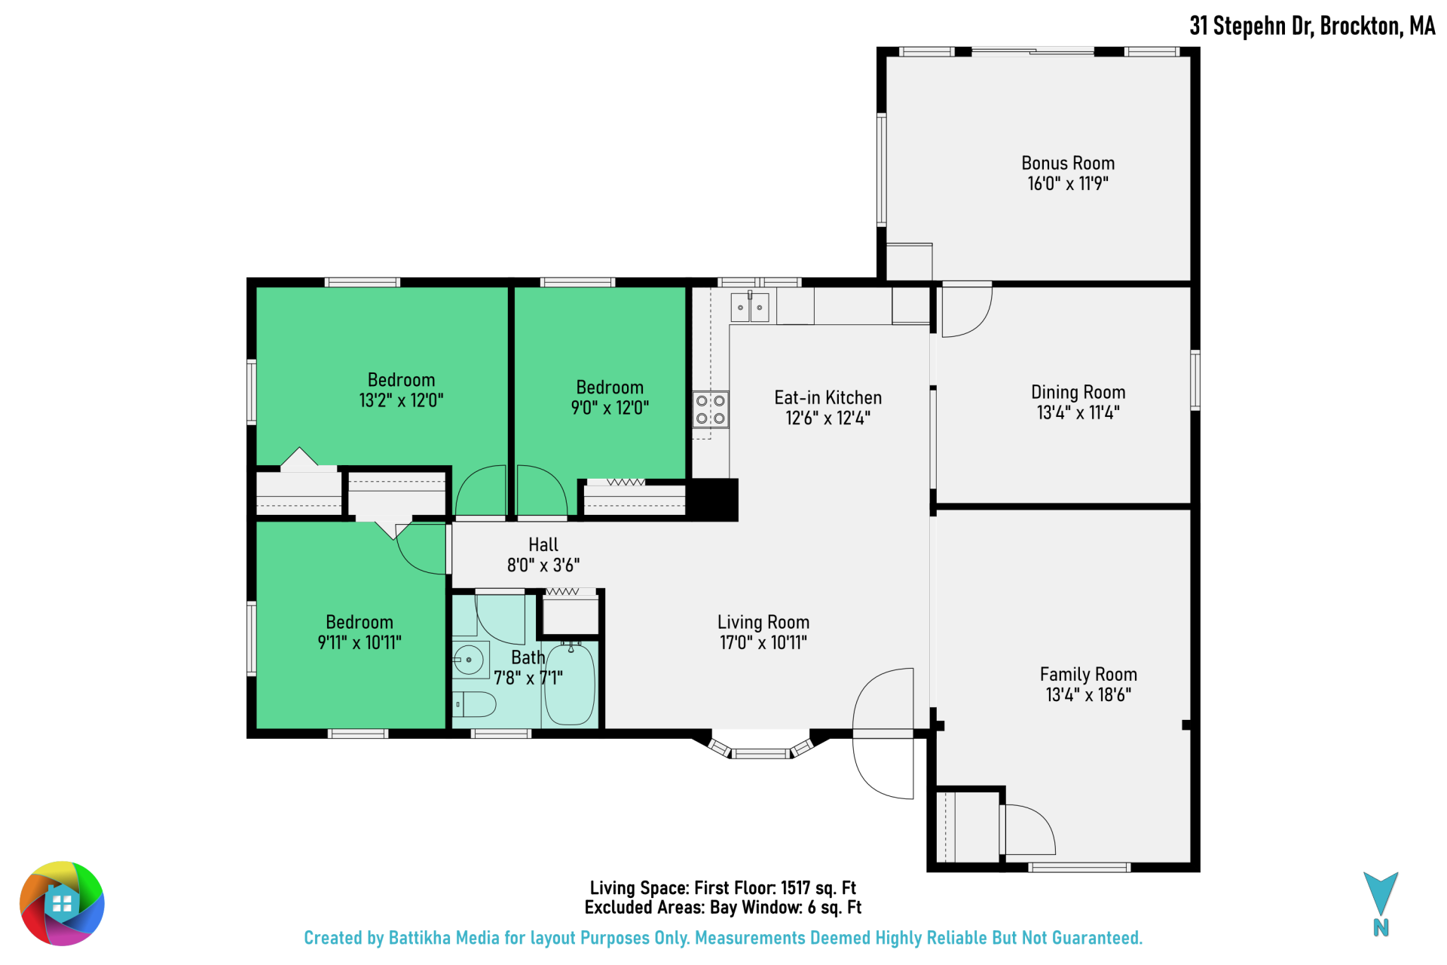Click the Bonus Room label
click(1068, 163)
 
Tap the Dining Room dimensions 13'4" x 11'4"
click(1078, 412)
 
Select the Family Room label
click(1088, 674)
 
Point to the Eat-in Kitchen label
click(828, 397)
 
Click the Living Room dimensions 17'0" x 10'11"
click(763, 642)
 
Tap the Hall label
click(543, 544)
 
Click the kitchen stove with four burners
click(711, 409)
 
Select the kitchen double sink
click(750, 308)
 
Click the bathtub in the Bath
click(570, 683)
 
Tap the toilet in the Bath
click(474, 704)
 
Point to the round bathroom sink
click(468, 660)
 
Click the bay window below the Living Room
click(761, 746)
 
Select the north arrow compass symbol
click(1381, 903)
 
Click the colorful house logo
click(62, 903)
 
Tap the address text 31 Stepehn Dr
click(1252, 26)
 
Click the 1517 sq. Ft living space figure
click(818, 888)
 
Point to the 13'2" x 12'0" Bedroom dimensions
click(401, 400)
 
